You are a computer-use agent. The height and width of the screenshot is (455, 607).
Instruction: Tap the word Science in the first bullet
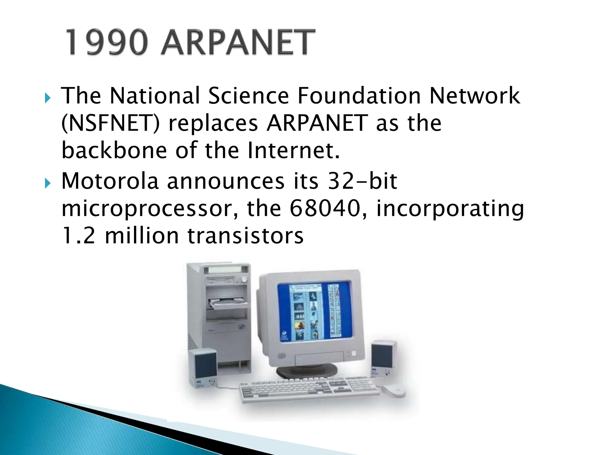pos(248,96)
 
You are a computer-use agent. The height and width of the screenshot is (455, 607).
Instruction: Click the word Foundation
pos(359,96)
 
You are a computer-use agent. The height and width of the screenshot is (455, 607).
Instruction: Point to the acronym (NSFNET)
pos(110,123)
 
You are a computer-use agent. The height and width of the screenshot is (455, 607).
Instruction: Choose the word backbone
pos(114,150)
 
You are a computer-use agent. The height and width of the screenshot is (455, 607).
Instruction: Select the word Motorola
pos(110,181)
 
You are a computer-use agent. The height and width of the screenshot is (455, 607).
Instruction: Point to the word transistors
pos(246,236)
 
